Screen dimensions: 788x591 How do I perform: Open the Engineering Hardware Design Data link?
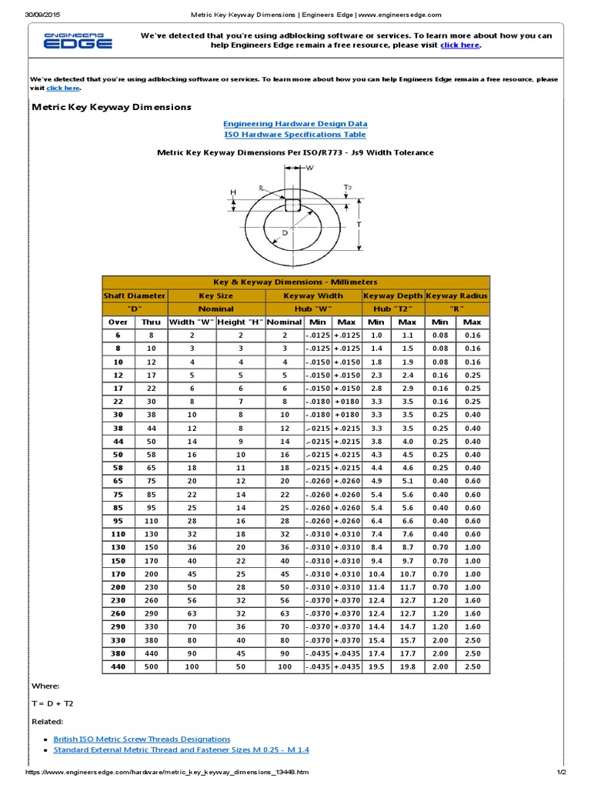coord(295,123)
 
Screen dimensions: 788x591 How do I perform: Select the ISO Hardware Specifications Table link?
coord(295,134)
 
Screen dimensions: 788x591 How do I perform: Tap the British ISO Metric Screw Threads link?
coord(142,739)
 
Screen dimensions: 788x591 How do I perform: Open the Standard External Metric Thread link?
coord(181,750)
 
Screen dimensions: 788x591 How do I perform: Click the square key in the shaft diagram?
coord(292,205)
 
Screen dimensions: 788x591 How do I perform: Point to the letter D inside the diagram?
coord(285,232)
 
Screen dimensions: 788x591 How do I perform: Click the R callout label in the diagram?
coord(262,187)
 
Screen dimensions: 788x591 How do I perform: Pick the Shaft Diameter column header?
coord(135,295)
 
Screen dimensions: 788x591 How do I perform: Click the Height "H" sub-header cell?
coord(240,322)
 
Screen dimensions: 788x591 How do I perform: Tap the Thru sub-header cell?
coord(151,322)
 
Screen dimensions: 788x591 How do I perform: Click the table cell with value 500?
coord(151,666)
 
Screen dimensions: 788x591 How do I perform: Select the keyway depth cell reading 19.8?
coord(408,666)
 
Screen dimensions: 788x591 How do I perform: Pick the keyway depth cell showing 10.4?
coord(376,573)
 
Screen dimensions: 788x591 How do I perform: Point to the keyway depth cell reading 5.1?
coord(408,481)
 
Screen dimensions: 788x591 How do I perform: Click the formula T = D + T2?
coord(52,703)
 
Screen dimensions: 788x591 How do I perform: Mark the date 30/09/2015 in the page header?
coord(44,15)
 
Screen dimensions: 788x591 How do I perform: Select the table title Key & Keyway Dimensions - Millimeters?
coord(295,282)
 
